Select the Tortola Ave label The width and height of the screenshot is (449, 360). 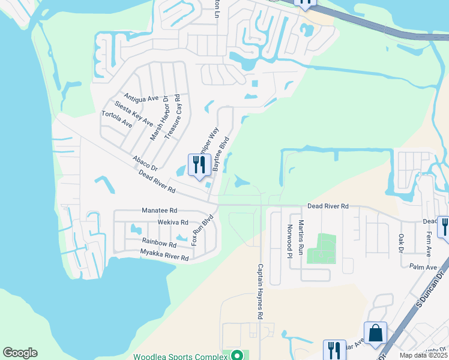coord(116,119)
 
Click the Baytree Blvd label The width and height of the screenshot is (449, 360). coord(221,154)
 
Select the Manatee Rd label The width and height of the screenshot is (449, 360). coord(160,211)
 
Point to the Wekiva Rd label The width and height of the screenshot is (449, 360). coord(169,222)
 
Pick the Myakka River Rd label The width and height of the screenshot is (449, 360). coord(165,254)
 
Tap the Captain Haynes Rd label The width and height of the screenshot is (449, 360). coord(261,291)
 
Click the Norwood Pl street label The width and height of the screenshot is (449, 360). coord(289,240)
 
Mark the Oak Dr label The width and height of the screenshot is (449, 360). coord(401,243)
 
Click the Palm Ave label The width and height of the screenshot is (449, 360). coord(423,268)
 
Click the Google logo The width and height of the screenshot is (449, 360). coord(20,353)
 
